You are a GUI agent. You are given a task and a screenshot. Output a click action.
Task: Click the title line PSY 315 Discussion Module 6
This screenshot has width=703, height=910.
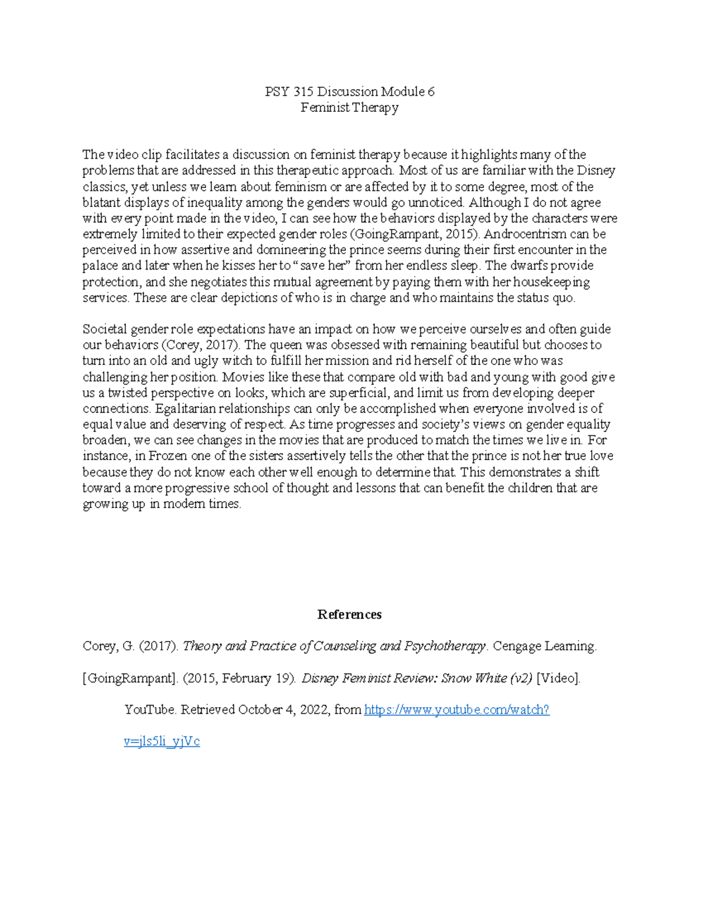(x=350, y=91)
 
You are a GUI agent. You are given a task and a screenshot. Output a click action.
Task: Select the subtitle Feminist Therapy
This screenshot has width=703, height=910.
(x=350, y=107)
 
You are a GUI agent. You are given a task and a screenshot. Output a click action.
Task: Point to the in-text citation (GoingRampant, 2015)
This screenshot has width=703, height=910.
(x=415, y=234)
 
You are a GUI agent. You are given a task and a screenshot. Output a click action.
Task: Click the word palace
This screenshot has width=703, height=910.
(x=100, y=266)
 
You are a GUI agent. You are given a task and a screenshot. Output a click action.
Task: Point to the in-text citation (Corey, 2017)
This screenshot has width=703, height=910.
(x=200, y=345)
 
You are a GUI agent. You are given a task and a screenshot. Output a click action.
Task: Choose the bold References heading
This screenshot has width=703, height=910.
(x=350, y=614)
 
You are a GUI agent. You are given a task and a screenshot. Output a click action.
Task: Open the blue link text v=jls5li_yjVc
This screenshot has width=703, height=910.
(x=162, y=742)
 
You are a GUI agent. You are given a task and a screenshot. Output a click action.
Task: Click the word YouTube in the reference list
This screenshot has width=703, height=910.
(x=149, y=710)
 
